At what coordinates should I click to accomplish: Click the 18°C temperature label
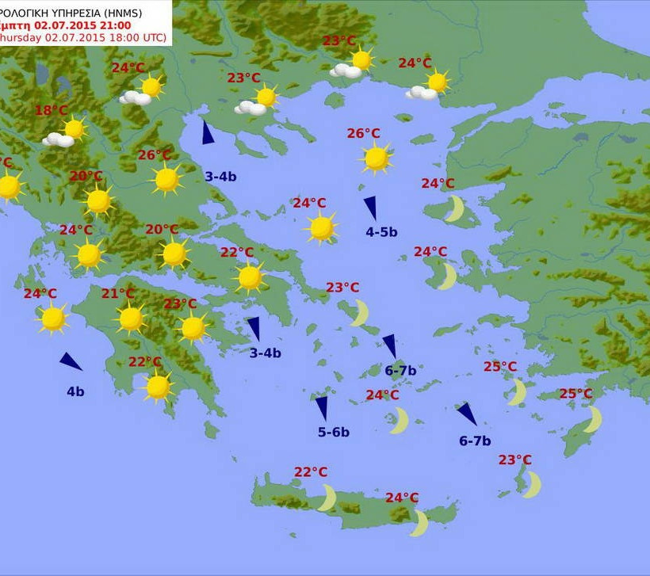(51, 111)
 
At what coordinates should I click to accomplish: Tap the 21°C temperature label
(117, 294)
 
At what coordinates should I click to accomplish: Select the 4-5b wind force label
(381, 232)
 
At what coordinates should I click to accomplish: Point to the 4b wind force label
(75, 391)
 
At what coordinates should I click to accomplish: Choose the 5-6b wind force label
(334, 432)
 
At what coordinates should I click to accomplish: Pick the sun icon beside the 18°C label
(75, 128)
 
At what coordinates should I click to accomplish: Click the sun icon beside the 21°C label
(131, 319)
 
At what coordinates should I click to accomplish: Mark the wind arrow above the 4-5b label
(370, 208)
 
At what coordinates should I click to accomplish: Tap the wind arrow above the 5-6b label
(322, 408)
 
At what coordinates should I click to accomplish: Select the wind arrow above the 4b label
(71, 362)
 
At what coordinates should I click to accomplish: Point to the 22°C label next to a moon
(311, 472)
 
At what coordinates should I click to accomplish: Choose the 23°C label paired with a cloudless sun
(180, 304)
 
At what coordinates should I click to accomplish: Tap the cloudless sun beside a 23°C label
(193, 328)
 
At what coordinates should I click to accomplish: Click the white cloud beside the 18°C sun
(58, 140)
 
